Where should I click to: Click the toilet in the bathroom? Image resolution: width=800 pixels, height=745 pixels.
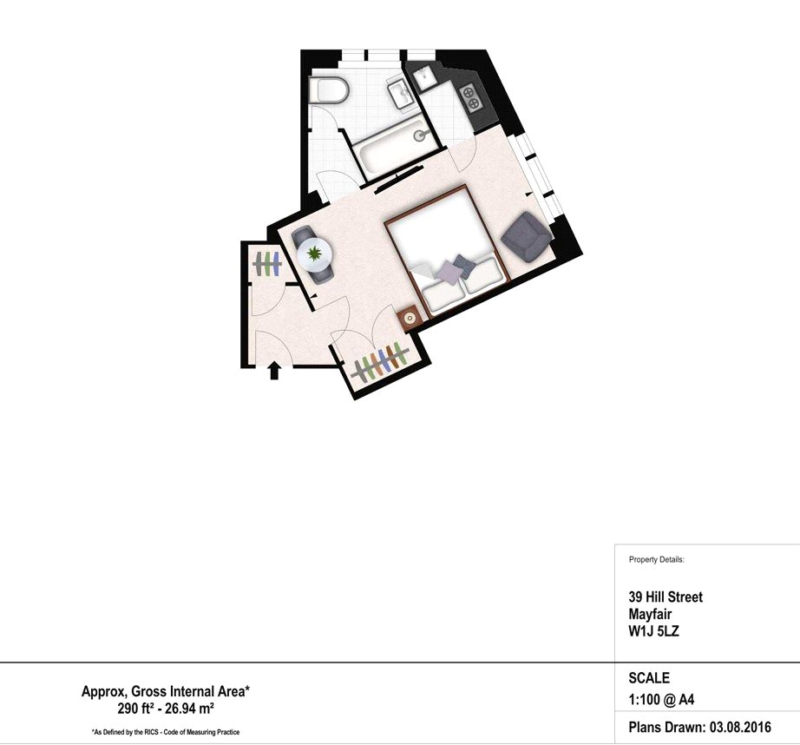[330, 90]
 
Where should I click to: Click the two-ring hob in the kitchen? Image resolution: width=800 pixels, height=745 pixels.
[471, 98]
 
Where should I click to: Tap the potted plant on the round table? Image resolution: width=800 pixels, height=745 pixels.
[314, 253]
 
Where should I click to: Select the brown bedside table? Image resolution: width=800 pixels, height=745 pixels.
[410, 319]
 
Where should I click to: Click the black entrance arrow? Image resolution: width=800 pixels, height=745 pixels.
[274, 371]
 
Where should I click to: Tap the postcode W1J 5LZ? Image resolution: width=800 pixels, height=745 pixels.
[653, 631]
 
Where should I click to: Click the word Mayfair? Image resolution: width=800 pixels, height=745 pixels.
[650, 614]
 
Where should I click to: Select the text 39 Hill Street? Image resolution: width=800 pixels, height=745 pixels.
[666, 597]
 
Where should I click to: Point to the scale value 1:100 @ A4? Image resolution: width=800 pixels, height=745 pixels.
[661, 700]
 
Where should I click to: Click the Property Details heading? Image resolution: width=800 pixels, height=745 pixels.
[656, 560]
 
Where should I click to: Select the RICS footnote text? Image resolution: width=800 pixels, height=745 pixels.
[166, 732]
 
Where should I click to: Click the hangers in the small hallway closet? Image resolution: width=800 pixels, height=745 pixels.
[267, 264]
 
